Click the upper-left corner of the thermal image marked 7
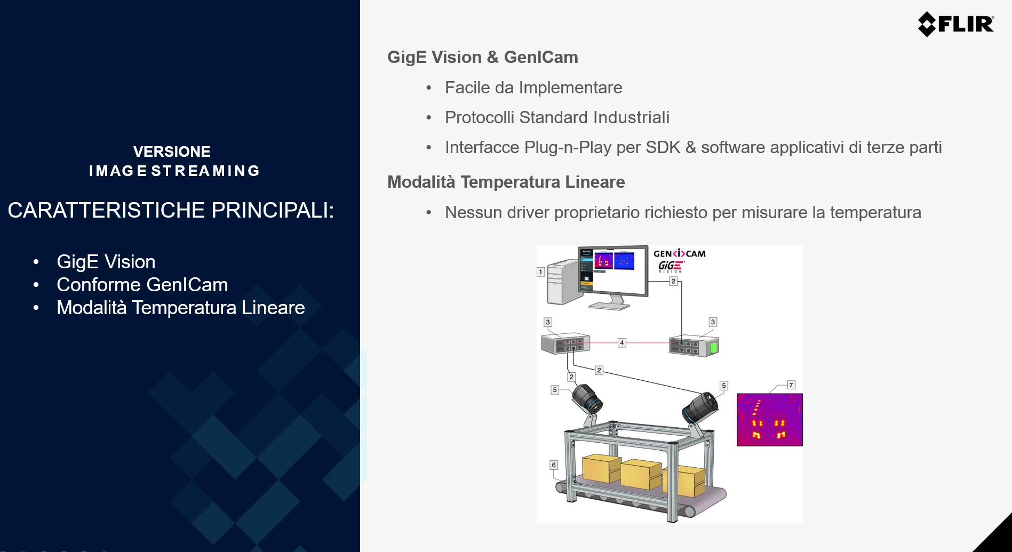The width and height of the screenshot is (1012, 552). (737, 394)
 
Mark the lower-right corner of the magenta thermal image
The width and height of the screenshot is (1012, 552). (803, 446)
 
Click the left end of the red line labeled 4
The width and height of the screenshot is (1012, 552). (590, 343)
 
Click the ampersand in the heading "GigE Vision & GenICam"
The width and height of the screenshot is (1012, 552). (492, 57)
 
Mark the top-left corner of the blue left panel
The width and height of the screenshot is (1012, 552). (0, 0)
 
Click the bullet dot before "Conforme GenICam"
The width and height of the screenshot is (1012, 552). (36, 285)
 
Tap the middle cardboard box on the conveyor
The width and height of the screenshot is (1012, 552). (641, 474)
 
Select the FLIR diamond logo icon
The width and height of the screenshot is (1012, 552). (927, 24)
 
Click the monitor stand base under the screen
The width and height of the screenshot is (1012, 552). (610, 305)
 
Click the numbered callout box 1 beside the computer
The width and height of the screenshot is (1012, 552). (540, 272)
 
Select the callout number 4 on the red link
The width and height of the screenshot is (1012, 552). (622, 343)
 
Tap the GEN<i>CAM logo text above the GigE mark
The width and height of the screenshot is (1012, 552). (680, 254)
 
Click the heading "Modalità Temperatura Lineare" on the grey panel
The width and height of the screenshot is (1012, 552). (506, 182)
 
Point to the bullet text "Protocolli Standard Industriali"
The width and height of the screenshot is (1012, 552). (557, 117)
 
